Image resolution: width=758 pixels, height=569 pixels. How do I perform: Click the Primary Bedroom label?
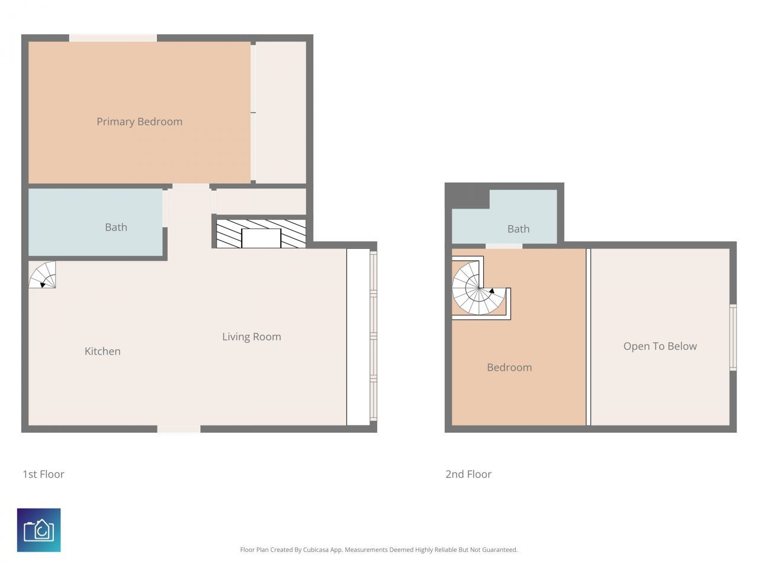[139, 122]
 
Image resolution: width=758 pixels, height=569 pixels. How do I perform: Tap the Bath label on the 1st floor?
[115, 227]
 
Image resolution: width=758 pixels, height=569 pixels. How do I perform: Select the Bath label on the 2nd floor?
[518, 229]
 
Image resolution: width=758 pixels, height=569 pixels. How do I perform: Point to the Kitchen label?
[102, 351]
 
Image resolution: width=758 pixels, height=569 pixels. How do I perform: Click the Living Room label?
[251, 337]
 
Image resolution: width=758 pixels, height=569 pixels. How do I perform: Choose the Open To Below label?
[660, 346]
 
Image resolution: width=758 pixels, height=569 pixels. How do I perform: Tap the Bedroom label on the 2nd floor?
[509, 367]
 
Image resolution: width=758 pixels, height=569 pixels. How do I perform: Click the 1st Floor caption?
[43, 474]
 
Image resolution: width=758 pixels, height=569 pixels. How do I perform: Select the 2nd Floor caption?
[468, 474]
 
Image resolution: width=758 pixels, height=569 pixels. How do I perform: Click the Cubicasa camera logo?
[38, 530]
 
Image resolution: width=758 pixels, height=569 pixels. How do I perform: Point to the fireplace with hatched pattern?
[261, 234]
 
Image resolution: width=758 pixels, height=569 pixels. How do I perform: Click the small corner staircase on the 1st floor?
[42, 275]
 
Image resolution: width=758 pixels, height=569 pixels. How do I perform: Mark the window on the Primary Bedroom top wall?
[113, 38]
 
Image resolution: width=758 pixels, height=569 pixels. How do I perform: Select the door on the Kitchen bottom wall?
[178, 429]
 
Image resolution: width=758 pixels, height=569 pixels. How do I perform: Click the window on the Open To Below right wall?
[733, 337]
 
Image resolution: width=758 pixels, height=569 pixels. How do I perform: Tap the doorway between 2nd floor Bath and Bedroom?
[503, 245]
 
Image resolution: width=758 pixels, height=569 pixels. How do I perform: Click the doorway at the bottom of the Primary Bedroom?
[190, 186]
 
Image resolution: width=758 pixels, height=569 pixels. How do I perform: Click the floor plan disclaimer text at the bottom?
[378, 550]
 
